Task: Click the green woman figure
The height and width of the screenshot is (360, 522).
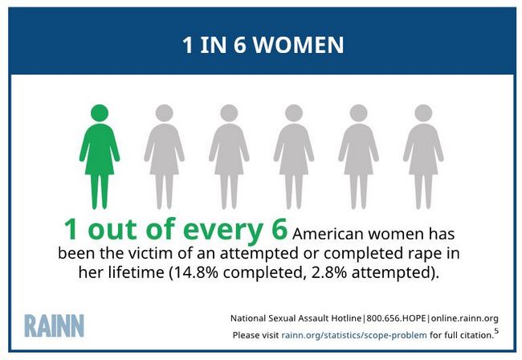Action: pyautogui.click(x=100, y=157)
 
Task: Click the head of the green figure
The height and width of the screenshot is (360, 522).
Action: pyautogui.click(x=100, y=112)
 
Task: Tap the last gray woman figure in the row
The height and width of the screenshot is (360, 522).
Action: pyautogui.click(x=423, y=157)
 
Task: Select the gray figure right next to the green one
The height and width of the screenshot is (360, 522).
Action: pyautogui.click(x=164, y=157)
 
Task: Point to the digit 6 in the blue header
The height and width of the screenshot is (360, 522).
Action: pyautogui.click(x=239, y=45)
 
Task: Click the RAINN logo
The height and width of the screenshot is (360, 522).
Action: pyautogui.click(x=55, y=325)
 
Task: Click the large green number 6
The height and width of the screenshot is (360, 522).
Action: pyautogui.click(x=279, y=229)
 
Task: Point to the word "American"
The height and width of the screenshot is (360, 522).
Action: pyautogui.click(x=328, y=234)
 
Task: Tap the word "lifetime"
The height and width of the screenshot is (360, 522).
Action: pyautogui.click(x=137, y=272)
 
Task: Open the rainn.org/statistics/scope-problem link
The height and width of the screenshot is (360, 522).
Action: pyautogui.click(x=354, y=335)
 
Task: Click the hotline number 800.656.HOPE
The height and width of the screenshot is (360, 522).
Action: pyautogui.click(x=396, y=318)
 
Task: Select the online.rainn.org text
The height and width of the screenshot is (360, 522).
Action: pyautogui.click(x=465, y=319)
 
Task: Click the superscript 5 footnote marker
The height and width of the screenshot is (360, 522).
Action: pyautogui.click(x=496, y=331)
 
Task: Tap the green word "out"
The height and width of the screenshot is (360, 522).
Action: pyautogui.click(x=112, y=230)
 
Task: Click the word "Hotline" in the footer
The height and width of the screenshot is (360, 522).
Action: pyautogui.click(x=346, y=318)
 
